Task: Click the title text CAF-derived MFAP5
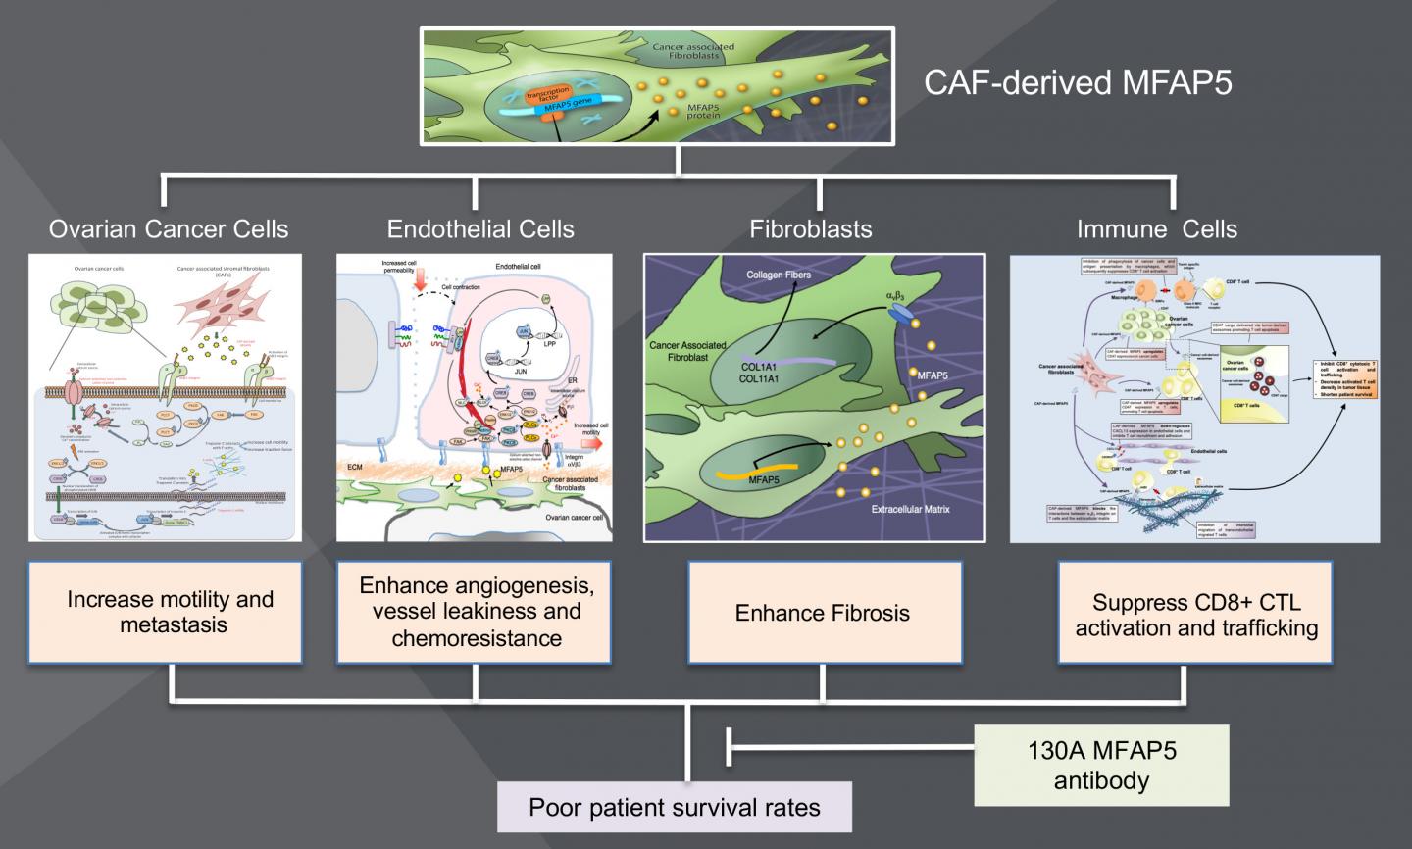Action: point(1078,82)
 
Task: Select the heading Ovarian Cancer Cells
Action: point(169,229)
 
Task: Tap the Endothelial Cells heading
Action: point(480,229)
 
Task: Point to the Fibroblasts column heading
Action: point(811,229)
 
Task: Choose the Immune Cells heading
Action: point(1157,229)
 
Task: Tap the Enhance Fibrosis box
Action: point(822,613)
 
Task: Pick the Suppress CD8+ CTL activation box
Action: point(1196,615)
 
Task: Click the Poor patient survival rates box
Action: point(675,808)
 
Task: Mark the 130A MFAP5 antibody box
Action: point(1101,767)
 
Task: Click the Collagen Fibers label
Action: point(779,275)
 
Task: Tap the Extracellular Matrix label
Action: point(910,510)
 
